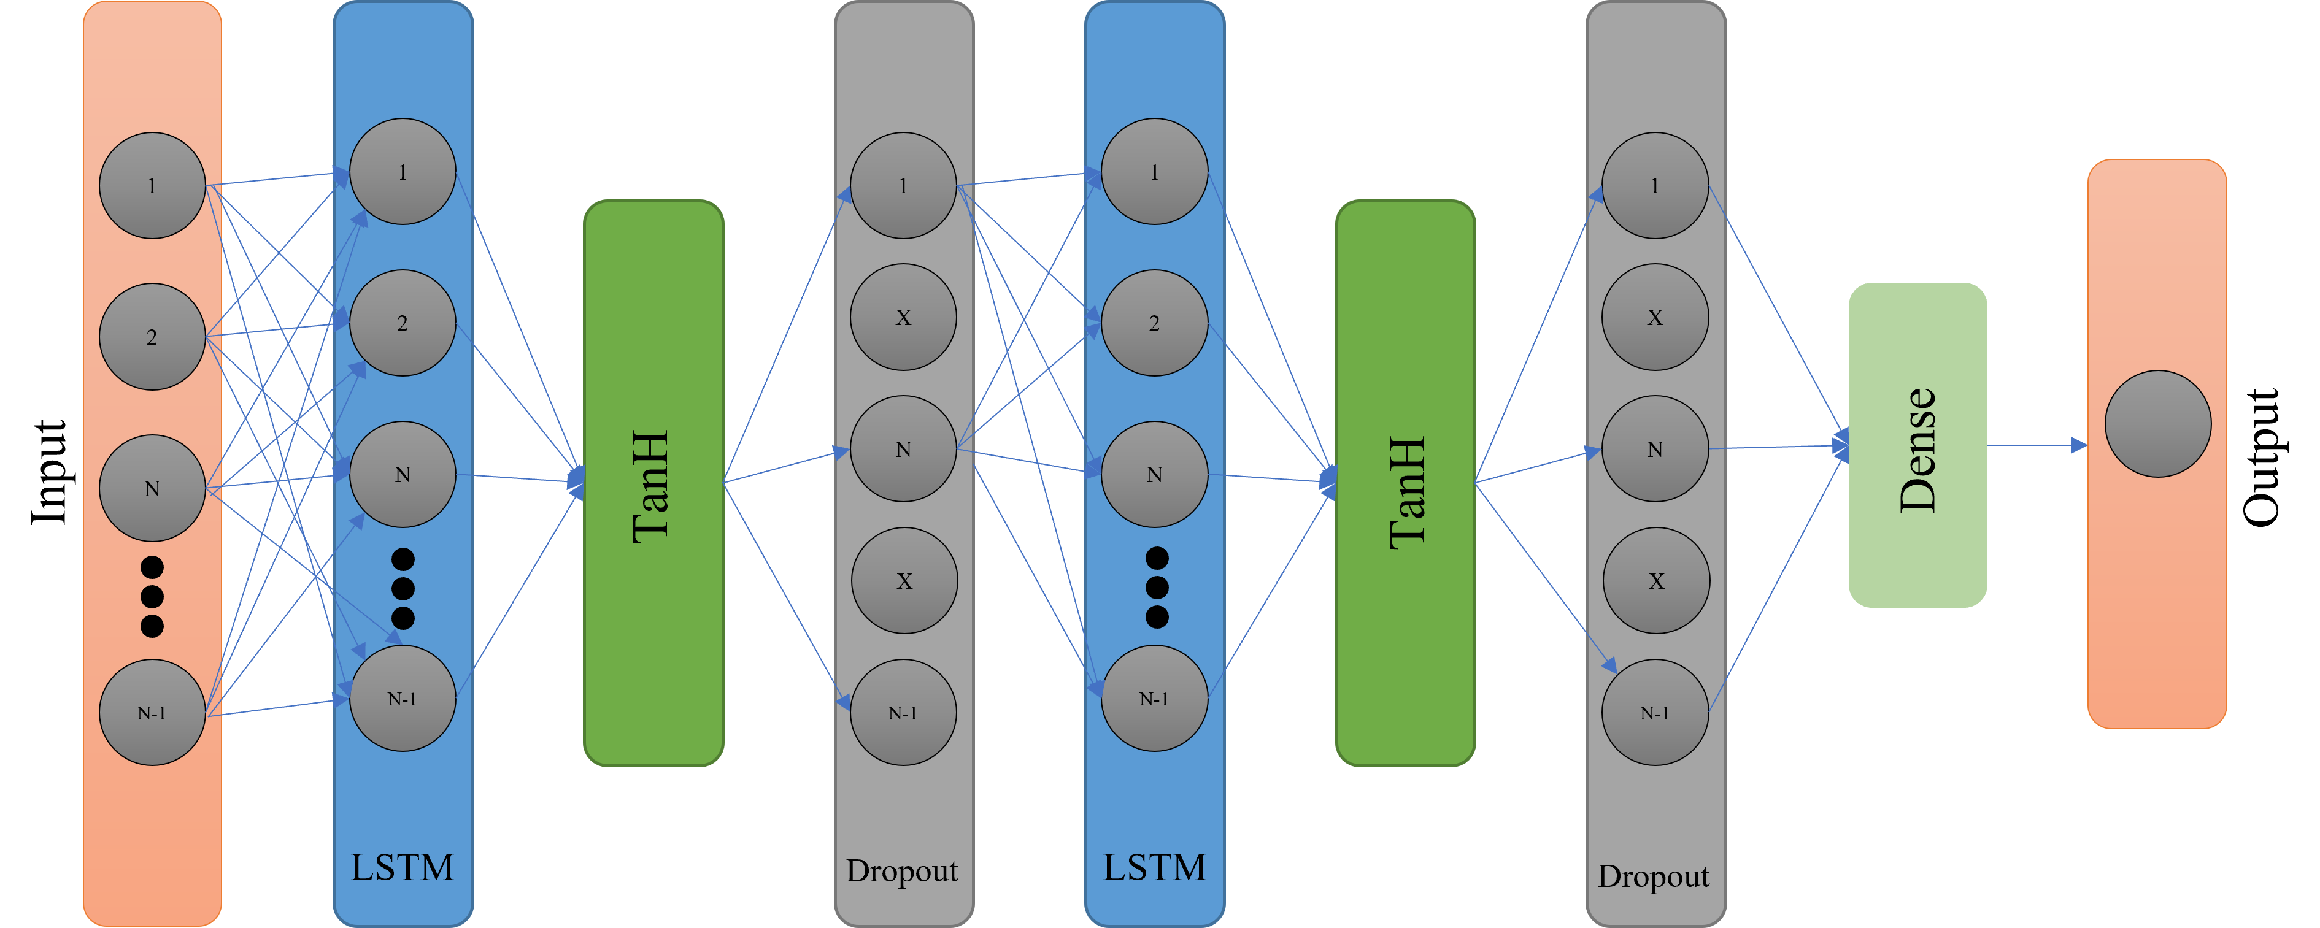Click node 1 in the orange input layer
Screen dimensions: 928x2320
[x=152, y=185]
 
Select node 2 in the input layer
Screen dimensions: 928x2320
[x=152, y=337]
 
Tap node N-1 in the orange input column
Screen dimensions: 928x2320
[x=152, y=712]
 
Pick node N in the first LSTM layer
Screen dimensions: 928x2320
[x=402, y=474]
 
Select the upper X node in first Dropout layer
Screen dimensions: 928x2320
[x=903, y=317]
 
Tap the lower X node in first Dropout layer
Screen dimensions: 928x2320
[x=904, y=581]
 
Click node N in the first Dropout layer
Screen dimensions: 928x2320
[x=903, y=448]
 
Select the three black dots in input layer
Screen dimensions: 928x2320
[x=152, y=596]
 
